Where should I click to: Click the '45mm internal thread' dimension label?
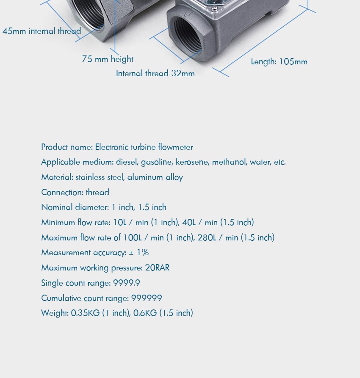click(x=42, y=31)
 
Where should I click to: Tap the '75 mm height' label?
click(x=108, y=59)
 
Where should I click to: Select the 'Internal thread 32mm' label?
click(x=155, y=73)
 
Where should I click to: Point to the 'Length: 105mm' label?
click(x=279, y=62)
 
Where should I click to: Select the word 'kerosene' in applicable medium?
click(x=192, y=162)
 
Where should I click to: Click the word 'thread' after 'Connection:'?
click(x=97, y=192)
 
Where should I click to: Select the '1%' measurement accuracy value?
click(x=143, y=253)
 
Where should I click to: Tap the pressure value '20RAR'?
click(x=157, y=268)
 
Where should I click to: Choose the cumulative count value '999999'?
click(x=147, y=298)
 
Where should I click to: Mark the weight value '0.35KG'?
click(x=85, y=313)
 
